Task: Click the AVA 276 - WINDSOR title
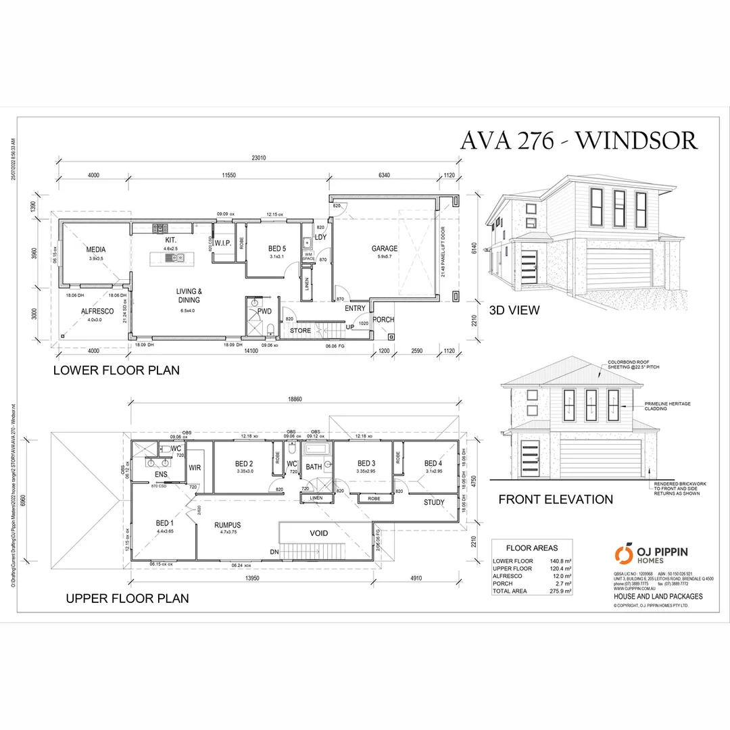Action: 578,140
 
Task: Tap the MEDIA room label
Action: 96,249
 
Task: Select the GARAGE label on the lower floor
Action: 385,248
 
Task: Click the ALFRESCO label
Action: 97,312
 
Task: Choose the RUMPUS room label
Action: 228,525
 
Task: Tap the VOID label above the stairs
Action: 319,533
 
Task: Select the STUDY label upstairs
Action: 434,502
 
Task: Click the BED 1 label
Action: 165,523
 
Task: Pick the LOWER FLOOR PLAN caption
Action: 116,370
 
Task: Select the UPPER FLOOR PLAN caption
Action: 127,598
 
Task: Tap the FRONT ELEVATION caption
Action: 556,500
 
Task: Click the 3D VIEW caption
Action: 514,310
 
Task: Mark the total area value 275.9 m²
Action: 560,591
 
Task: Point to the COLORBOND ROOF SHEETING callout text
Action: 632,364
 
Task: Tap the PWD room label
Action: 264,312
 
